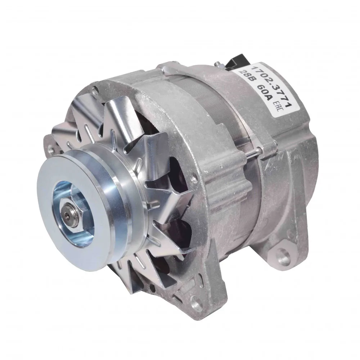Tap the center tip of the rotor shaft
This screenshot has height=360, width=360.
point(67,215)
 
